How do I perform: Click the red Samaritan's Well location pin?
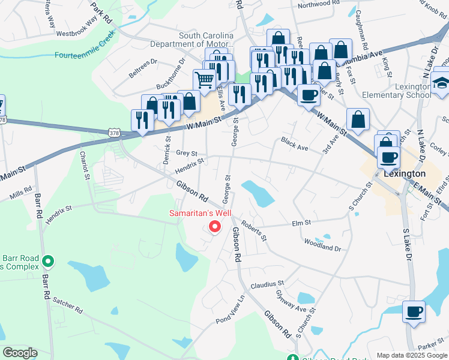(214, 227)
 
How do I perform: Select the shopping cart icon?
(204, 79)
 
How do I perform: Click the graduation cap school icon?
(441, 83)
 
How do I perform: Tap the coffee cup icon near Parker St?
(414, 312)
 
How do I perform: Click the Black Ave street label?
(294, 144)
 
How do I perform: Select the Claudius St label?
(267, 284)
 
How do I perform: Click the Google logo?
(20, 353)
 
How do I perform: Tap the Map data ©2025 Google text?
(412, 355)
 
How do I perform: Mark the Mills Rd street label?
(20, 193)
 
